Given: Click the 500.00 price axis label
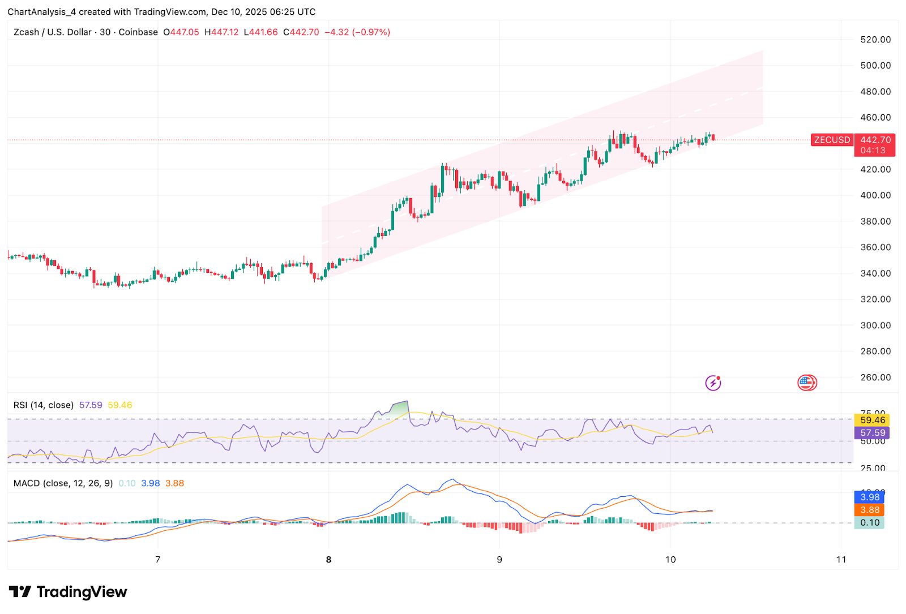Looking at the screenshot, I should pos(875,66).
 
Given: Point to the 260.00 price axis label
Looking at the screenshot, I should pos(875,377).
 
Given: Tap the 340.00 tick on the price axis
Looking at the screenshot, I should pos(875,273).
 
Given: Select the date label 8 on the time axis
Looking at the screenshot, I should pos(328,560).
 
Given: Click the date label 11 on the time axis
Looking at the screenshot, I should pos(841,560).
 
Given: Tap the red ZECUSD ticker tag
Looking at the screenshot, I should pos(832,140).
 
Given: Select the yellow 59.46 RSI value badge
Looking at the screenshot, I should pos(872,420).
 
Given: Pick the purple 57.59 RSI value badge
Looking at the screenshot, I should pos(872,433).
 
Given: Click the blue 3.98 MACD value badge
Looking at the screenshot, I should pos(870,497).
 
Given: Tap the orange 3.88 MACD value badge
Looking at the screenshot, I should pos(870,510).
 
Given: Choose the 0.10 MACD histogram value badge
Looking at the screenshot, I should pos(870,522).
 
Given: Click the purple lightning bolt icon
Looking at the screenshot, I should pos(713,383).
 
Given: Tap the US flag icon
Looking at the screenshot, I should pos(806,383).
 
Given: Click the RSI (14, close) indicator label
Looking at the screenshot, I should pos(44,405).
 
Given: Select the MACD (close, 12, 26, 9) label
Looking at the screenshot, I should pos(63,483).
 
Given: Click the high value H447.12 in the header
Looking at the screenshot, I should pos(221,32).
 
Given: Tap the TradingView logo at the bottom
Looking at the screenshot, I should pos(68,592).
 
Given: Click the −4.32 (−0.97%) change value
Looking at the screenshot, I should pos(357,32).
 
